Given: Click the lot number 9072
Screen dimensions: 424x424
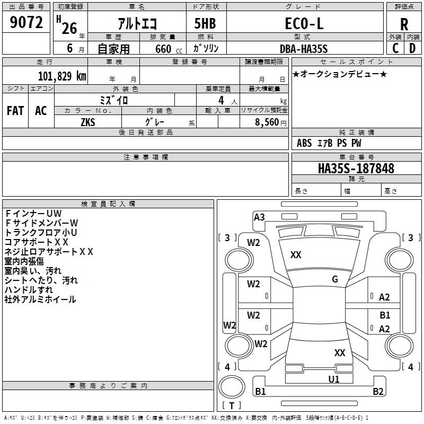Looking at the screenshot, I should pyautogui.click(x=26, y=22).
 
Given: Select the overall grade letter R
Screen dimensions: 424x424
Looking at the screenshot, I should pyautogui.click(x=404, y=24).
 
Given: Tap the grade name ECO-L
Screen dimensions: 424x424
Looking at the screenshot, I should pyautogui.click(x=304, y=24).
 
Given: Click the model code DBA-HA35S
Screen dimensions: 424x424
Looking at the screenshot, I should pyautogui.click(x=304, y=49).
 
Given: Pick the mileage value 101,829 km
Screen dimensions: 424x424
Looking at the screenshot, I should pyautogui.click(x=62, y=76).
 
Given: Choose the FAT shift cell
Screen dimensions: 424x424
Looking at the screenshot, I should pyautogui.click(x=15, y=111).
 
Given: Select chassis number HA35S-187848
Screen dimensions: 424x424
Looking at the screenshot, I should pyautogui.click(x=356, y=169).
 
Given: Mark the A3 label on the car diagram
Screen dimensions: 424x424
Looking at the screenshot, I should pyautogui.click(x=259, y=217).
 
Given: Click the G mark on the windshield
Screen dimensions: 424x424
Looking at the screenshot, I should pyautogui.click(x=335, y=279).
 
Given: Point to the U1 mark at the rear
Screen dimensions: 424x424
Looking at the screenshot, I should pyautogui.click(x=334, y=379).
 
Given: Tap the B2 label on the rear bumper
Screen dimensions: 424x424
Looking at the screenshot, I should pyautogui.click(x=378, y=392).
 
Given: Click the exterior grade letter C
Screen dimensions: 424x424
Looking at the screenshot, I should pyautogui.click(x=395, y=48).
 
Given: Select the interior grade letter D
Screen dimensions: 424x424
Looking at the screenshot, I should pyautogui.click(x=413, y=48).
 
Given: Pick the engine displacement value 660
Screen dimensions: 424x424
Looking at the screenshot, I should pyautogui.click(x=163, y=49).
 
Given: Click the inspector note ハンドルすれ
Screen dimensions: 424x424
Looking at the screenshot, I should pyautogui.click(x=29, y=290).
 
